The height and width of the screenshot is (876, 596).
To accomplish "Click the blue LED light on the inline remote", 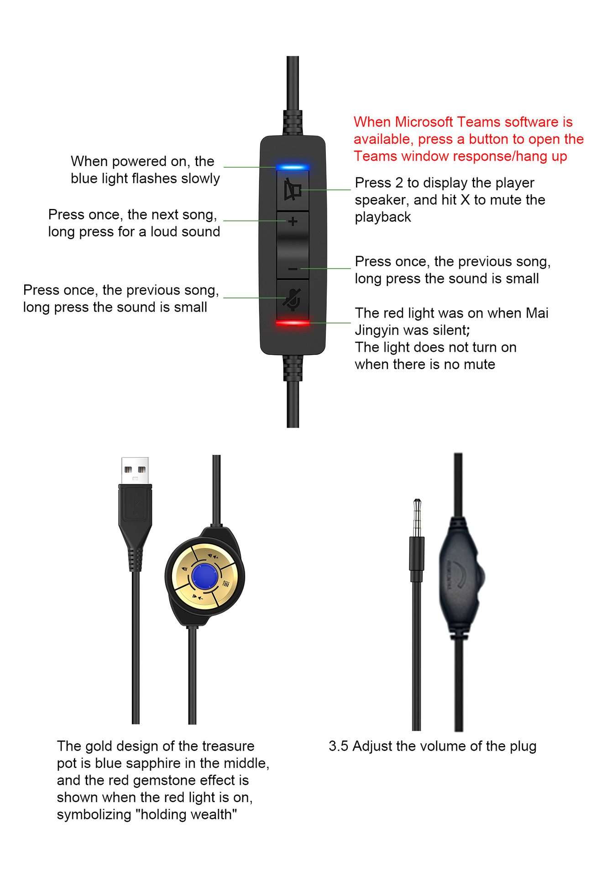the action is [x=293, y=167].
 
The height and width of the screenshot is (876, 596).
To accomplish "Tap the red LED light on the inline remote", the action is [x=293, y=323].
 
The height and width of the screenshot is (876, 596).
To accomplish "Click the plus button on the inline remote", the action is [x=293, y=222].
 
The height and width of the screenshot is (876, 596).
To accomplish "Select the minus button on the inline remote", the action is [x=293, y=269].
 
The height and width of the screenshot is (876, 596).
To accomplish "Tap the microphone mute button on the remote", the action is [x=293, y=299].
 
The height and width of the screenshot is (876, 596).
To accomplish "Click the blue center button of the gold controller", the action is [x=205, y=576].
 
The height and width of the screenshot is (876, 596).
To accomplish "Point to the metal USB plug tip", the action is [x=135, y=470].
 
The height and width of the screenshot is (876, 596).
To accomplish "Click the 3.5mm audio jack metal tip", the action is [x=417, y=518].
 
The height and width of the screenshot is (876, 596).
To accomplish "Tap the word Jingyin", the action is [x=378, y=330].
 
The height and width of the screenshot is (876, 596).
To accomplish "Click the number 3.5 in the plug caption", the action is [x=339, y=746].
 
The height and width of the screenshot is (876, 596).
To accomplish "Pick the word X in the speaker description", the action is [x=465, y=200].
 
